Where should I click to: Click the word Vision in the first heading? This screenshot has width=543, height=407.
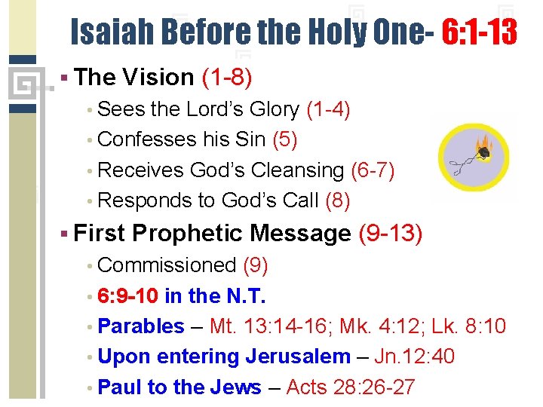[157, 77]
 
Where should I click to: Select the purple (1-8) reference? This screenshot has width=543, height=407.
[226, 77]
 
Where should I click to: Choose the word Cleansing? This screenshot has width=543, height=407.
[296, 170]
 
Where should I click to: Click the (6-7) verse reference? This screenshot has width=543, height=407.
[373, 170]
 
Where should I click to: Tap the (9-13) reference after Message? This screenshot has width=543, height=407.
[390, 234]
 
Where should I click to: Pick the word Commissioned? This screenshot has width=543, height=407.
[167, 265]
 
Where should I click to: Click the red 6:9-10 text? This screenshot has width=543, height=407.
[127, 295]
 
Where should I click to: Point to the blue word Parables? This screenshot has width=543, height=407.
[141, 326]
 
